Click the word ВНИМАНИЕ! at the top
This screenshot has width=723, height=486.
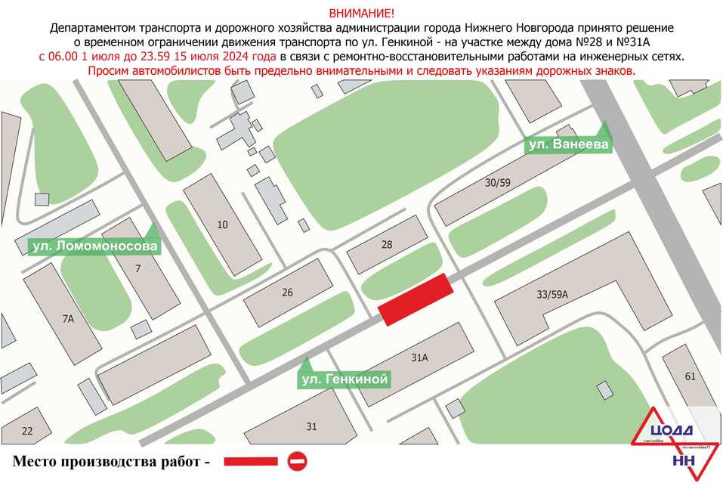[361, 14]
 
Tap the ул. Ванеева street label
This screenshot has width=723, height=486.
[568, 144]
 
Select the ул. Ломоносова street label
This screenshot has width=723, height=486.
[95, 246]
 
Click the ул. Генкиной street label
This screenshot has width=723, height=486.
[344, 379]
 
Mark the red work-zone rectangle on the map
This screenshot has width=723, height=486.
[416, 300]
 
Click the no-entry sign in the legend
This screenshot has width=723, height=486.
[297, 460]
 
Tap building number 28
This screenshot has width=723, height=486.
[387, 244]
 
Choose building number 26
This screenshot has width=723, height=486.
[287, 293]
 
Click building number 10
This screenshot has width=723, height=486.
[222, 224]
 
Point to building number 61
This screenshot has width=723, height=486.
[689, 376]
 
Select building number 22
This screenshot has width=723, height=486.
[27, 431]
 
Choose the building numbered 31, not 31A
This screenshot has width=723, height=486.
[311, 426]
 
